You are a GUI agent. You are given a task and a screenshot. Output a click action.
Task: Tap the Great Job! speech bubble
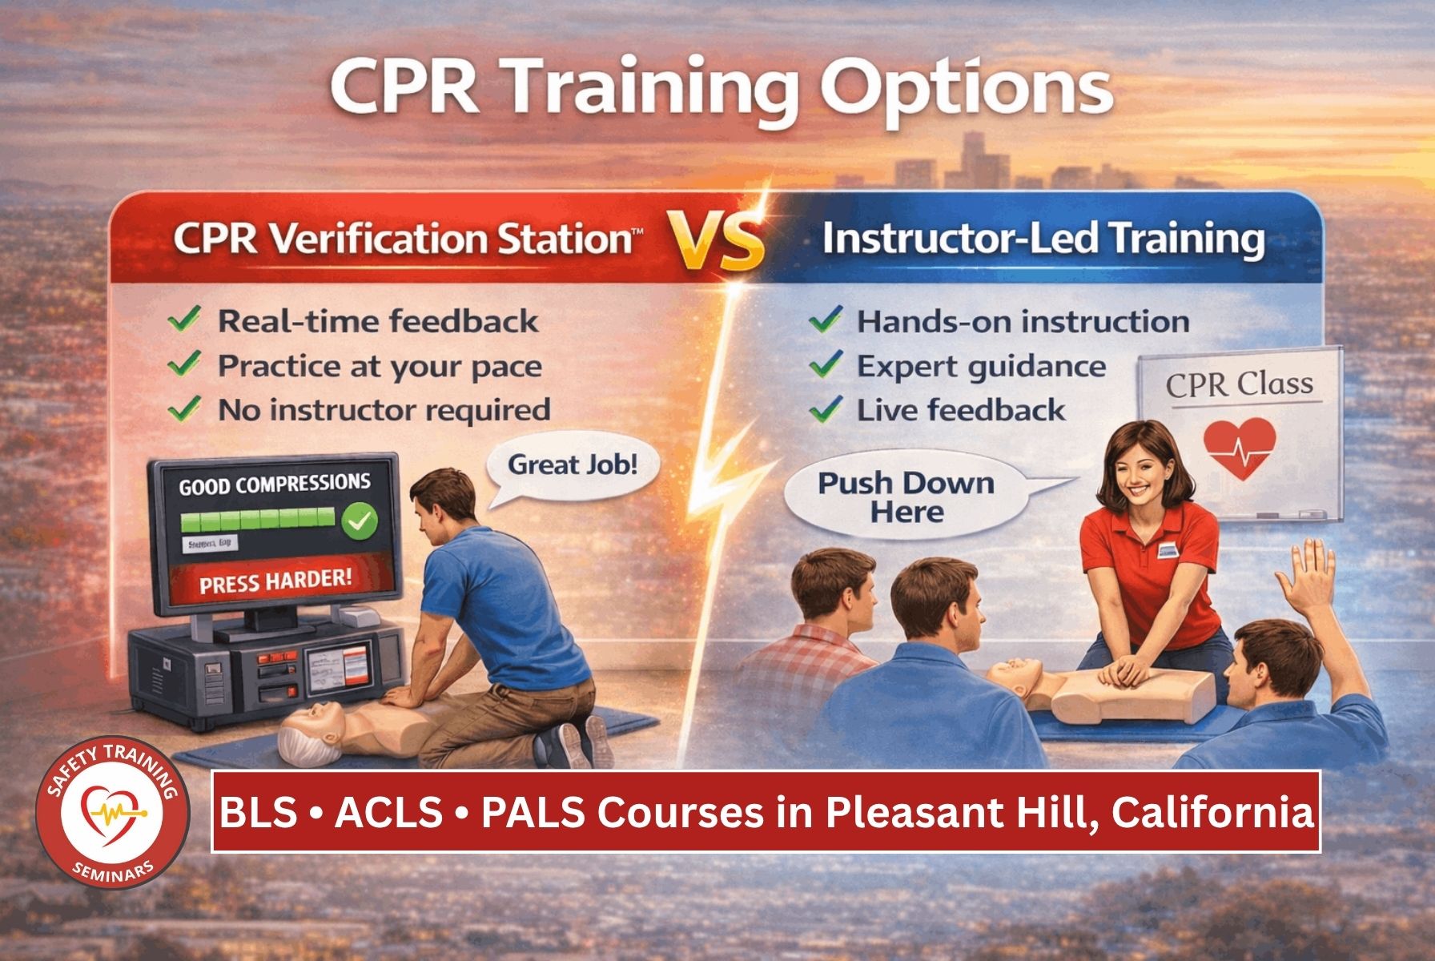point(573,466)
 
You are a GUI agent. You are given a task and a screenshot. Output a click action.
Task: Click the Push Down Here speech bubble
point(906,497)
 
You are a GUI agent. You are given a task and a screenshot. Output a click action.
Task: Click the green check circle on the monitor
point(360,522)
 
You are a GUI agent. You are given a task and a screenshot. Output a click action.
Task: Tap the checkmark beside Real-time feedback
point(184,321)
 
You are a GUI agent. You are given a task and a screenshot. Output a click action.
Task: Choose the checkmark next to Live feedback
point(825,410)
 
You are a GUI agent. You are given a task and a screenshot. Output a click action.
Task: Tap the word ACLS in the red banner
point(388,813)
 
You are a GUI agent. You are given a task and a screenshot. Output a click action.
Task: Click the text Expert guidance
point(981,367)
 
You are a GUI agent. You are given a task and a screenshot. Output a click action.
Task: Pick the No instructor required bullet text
point(384,410)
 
